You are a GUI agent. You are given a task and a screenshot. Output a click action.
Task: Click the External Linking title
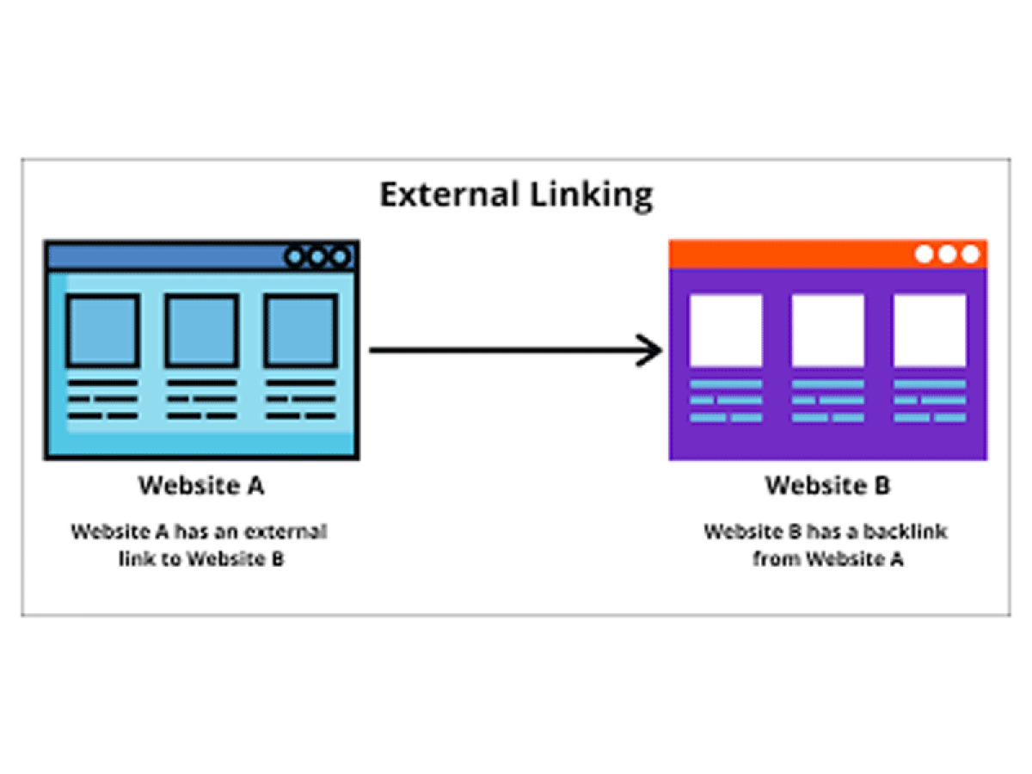tap(516, 195)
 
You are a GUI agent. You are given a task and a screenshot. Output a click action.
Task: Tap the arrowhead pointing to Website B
tap(652, 350)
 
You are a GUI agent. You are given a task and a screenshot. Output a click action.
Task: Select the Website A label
tap(201, 486)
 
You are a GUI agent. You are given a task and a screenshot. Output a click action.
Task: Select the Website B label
tap(827, 486)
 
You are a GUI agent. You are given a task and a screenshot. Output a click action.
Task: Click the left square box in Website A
tap(103, 330)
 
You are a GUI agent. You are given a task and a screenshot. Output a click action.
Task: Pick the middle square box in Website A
tap(201, 330)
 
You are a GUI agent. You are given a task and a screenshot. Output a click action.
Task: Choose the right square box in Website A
tap(300, 330)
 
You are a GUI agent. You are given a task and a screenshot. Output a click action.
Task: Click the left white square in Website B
tap(725, 330)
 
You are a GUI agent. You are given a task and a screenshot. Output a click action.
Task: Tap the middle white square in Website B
tap(827, 330)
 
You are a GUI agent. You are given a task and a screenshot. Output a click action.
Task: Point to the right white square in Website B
tap(930, 330)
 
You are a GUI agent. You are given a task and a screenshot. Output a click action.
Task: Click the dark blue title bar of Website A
tap(163, 256)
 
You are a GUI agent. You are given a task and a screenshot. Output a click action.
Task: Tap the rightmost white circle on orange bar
tap(970, 255)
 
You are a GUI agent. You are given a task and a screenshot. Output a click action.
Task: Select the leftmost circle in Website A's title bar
tap(296, 256)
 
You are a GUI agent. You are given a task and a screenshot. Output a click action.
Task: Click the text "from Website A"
tap(827, 559)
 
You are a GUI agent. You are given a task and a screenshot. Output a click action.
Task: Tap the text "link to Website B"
tap(200, 559)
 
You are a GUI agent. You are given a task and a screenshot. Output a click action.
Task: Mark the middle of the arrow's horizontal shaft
tap(512, 350)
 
